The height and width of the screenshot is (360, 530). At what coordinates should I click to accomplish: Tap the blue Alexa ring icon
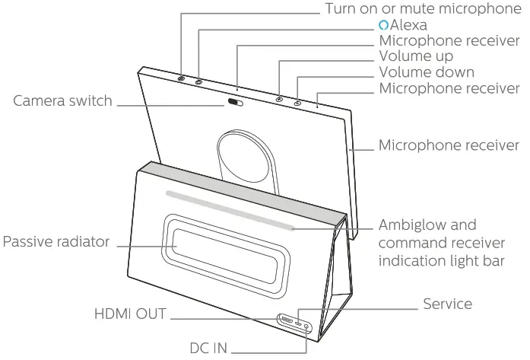pos(384,26)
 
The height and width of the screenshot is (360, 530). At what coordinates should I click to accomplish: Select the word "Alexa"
pos(408,26)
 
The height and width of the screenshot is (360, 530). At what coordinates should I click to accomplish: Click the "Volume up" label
pos(416,56)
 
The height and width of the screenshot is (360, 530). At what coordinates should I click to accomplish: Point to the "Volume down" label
pos(427,73)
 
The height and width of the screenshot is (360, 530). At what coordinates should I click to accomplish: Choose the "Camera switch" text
pos(62,100)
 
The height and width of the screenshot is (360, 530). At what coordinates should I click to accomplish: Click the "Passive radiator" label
pos(56,242)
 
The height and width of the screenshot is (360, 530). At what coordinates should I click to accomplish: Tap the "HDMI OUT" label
pos(130,314)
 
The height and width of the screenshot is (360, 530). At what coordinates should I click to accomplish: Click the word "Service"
pos(447,304)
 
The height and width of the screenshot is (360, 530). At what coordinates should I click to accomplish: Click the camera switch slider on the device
pos(237,103)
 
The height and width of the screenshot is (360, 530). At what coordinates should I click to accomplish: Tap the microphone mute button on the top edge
pos(181,78)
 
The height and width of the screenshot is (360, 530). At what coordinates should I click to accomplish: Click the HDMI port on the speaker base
pos(288,320)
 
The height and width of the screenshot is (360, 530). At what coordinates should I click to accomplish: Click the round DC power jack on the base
pos(307,325)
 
